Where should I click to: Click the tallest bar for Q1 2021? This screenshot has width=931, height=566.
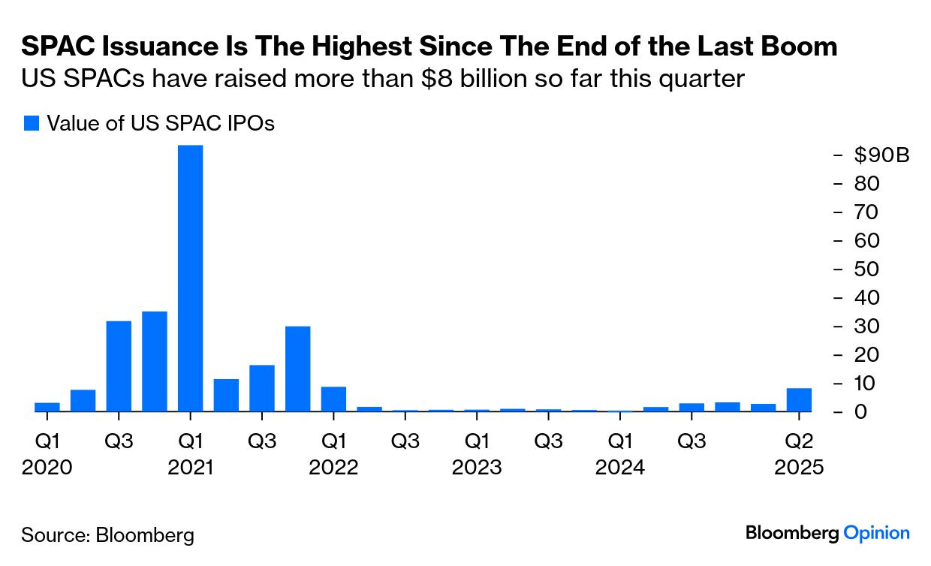coord(190,278)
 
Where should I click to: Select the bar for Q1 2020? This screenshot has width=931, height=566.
coord(47,407)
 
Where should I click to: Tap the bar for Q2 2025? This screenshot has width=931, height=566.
coord(799,399)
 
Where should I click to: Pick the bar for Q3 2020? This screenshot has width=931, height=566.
coord(119,366)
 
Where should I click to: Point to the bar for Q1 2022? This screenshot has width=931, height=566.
coord(333,399)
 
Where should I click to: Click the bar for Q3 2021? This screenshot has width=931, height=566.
coord(262,388)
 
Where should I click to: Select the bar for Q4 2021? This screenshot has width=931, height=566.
coord(297,369)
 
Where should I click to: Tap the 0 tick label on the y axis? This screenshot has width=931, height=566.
coord(861,412)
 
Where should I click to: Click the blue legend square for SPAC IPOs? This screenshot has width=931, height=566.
coord(31,123)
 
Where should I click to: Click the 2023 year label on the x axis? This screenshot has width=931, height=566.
coord(477,468)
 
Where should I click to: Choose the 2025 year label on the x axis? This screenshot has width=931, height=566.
coord(799,468)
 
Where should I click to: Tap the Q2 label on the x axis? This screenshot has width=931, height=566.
coord(799,441)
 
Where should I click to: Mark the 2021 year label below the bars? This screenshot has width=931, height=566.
coord(190,468)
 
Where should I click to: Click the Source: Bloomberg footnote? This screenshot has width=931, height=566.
coord(107,535)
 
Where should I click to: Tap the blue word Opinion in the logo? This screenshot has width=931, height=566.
coord(876,533)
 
